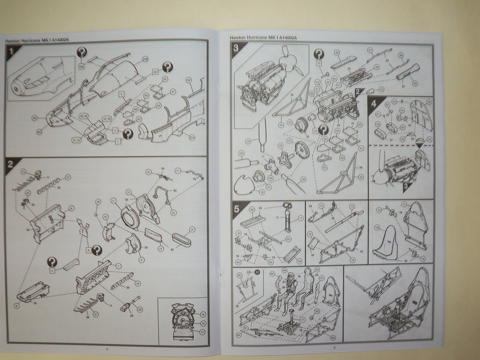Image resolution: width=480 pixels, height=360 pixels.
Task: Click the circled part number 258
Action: [x=145, y=60]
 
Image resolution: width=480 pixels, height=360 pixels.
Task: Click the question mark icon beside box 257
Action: [x=167, y=67]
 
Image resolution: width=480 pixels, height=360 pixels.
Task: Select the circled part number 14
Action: [x=191, y=229]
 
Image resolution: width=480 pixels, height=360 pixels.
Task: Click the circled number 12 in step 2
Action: [x=68, y=177]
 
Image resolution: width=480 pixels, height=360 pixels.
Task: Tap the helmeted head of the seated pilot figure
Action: [x=290, y=275]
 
